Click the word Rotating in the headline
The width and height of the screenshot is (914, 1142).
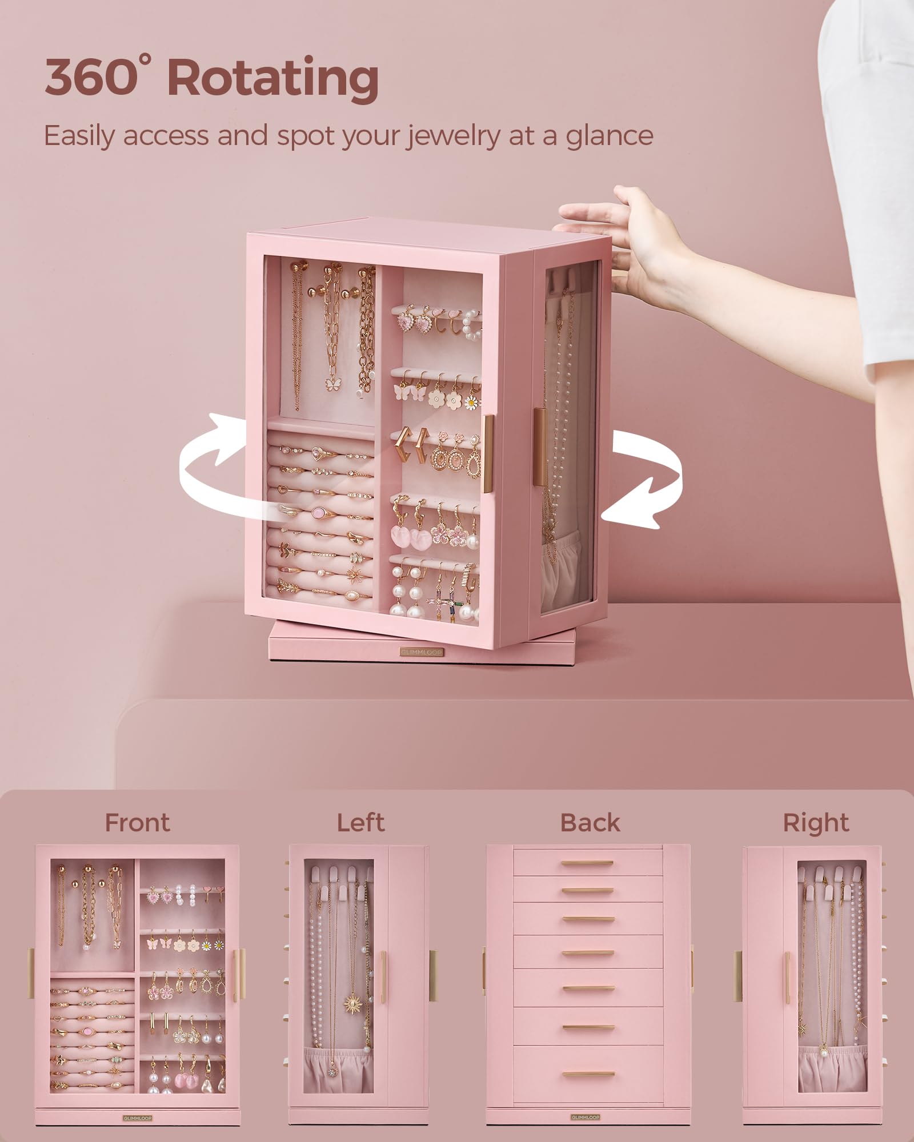pos(272,77)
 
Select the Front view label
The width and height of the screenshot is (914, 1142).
pos(137,823)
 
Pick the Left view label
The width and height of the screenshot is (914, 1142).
pos(360,823)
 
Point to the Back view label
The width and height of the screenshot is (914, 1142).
pos(590,823)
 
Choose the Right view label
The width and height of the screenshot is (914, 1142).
pos(816,823)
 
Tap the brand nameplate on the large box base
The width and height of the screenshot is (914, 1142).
pos(421,652)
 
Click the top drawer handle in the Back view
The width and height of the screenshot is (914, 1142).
pos(588,863)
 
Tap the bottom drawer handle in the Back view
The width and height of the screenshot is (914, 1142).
pos(588,1074)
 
